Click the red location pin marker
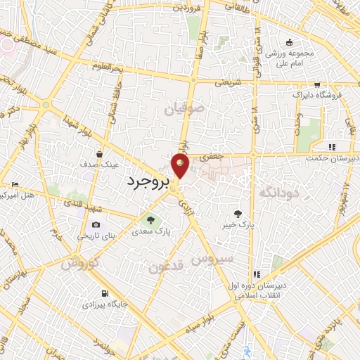tap(181, 165)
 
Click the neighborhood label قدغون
tap(165, 266)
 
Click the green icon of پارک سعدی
tap(148, 220)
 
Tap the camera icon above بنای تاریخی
tap(96, 224)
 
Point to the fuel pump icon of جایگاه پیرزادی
tap(105, 293)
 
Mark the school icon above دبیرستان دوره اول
tap(257, 274)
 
